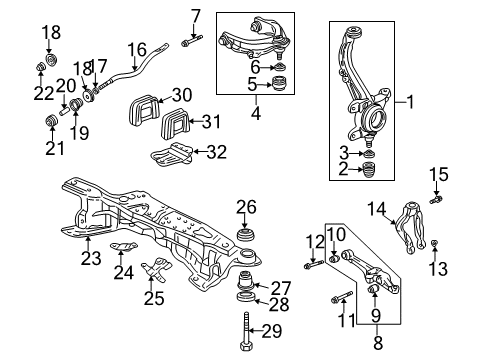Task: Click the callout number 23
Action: [91, 258]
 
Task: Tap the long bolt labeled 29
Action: [246, 331]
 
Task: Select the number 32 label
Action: [217, 152]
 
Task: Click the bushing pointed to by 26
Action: [246, 235]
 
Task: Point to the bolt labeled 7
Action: [192, 41]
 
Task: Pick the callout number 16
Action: [137, 50]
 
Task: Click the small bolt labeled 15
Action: [436, 200]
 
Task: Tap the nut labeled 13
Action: [434, 244]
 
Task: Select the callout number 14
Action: [377, 209]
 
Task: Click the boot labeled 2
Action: [367, 170]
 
